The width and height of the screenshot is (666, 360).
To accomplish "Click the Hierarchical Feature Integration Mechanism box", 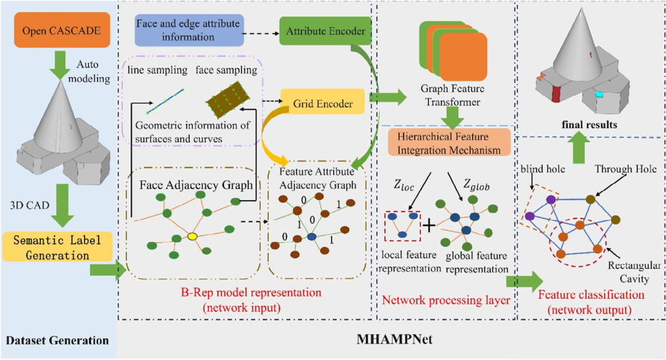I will (449, 144).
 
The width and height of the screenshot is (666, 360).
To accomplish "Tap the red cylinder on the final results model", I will (556, 92).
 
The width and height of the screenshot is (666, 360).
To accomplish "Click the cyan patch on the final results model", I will (601, 94).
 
